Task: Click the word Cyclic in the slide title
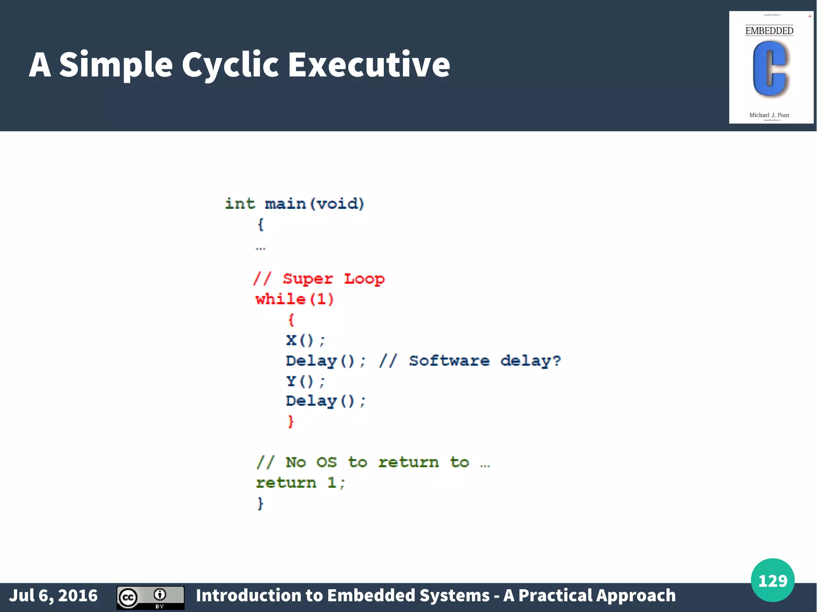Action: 231,65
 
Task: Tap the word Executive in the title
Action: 369,65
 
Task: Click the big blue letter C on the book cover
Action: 770,69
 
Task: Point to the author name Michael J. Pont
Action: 769,115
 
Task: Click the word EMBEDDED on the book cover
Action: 769,31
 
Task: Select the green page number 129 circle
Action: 772,580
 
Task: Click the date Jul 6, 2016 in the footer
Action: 53,596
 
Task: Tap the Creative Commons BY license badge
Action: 150,597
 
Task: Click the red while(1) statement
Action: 294,299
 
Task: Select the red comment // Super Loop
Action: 319,279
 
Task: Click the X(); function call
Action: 306,340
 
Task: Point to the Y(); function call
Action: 306,381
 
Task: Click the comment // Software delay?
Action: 470,361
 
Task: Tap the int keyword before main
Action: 240,204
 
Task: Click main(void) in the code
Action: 314,204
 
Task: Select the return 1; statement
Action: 300,483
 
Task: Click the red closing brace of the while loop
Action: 291,421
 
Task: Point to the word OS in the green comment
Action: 326,462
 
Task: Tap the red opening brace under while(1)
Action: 291,319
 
